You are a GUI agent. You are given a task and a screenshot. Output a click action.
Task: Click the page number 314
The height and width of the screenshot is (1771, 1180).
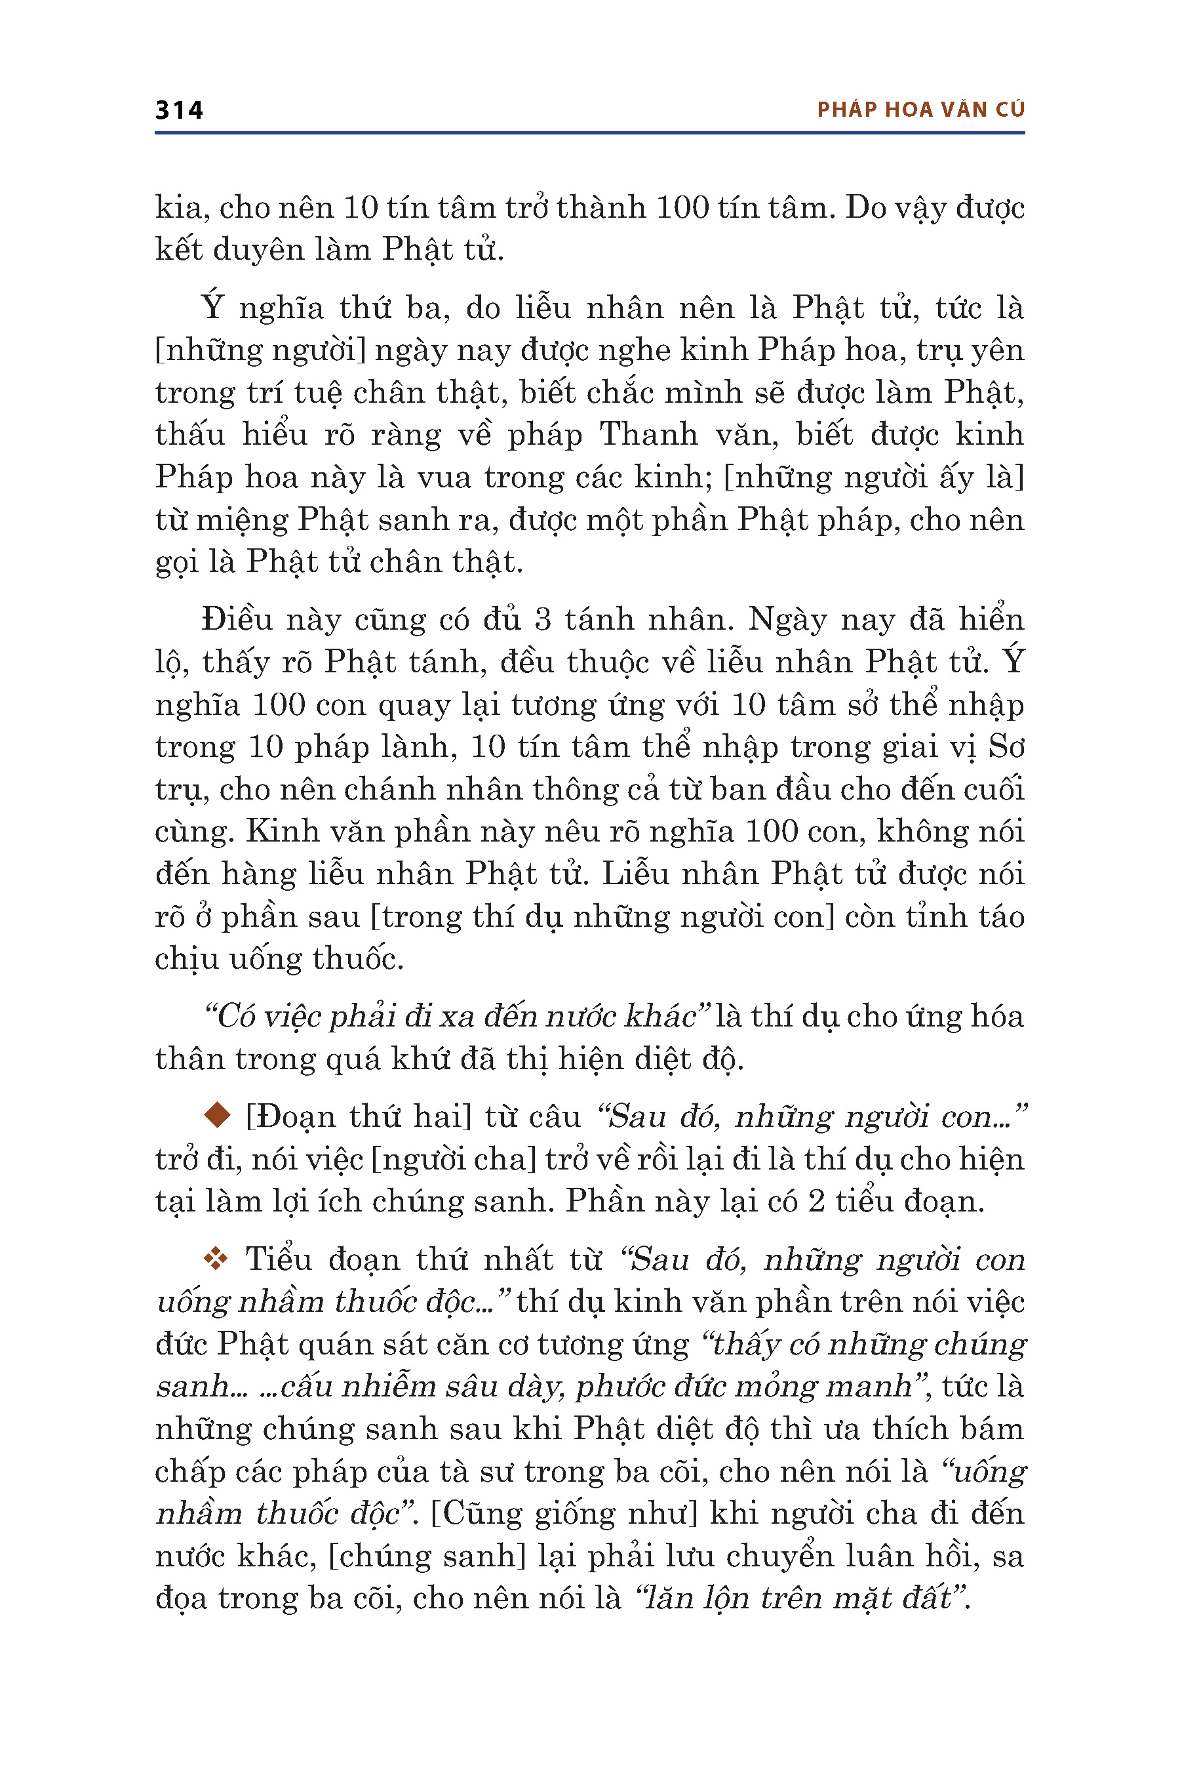point(178,111)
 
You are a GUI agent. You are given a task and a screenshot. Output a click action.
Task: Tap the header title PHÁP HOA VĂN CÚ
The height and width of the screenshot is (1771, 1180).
point(920,110)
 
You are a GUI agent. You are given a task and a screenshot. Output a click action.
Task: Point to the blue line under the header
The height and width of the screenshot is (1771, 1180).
point(589,133)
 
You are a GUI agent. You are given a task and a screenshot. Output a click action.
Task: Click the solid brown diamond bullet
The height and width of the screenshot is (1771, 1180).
point(218,1115)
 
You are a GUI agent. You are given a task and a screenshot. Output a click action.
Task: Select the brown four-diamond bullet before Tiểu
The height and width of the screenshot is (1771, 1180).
point(216,1259)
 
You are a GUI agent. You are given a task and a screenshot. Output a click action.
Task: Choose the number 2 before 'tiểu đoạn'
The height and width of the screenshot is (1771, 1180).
point(817,1201)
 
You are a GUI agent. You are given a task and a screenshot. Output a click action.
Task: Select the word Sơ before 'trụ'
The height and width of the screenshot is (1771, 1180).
point(1006,747)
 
